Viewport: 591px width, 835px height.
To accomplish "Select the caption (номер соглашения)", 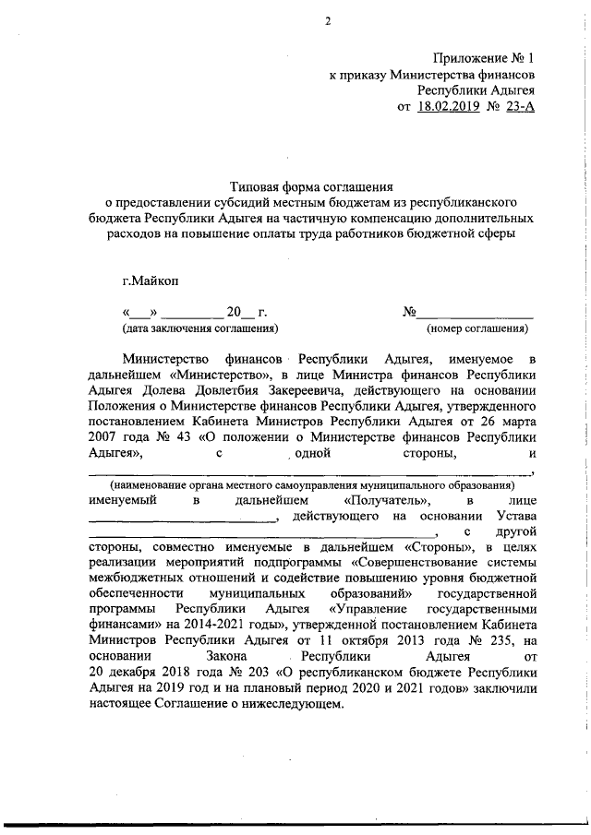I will (477, 328).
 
